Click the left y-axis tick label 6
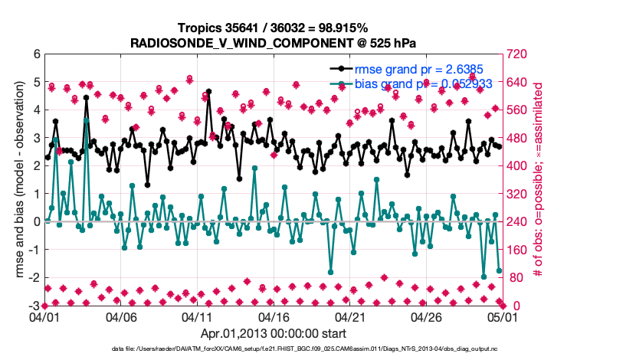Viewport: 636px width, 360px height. coord(35,54)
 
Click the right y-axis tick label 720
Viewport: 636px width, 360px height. coord(517,54)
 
